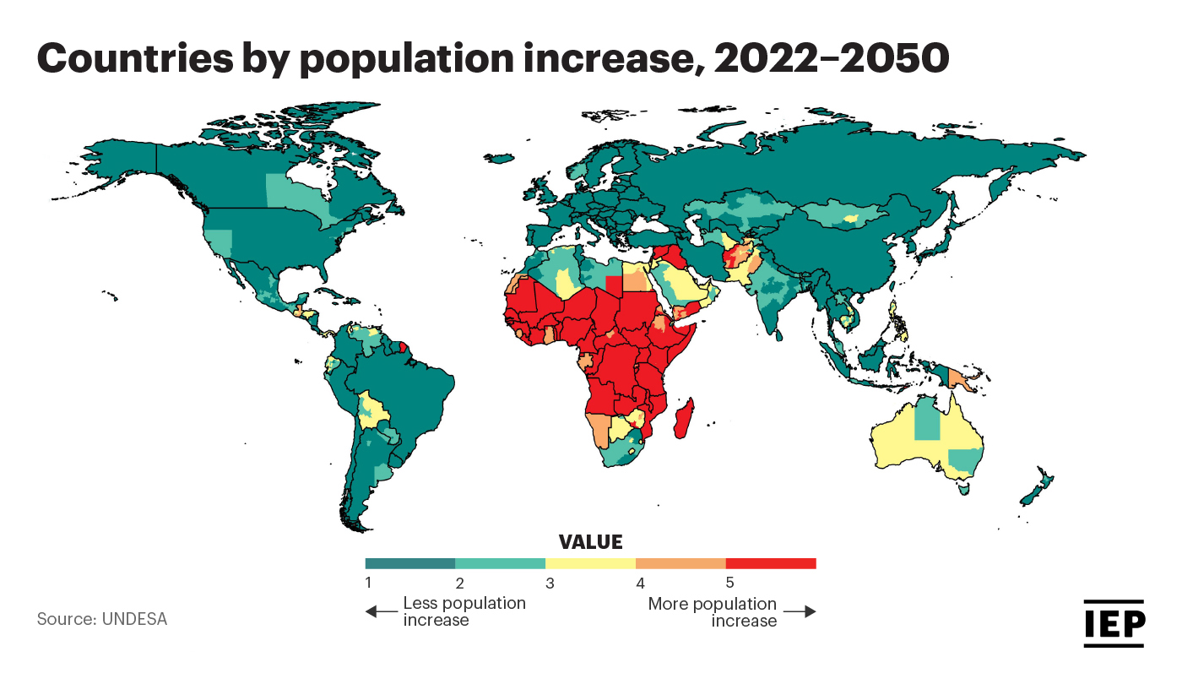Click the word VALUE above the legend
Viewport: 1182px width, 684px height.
tap(590, 542)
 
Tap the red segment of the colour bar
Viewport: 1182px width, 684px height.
tap(770, 563)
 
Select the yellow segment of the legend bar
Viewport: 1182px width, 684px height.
tap(590, 563)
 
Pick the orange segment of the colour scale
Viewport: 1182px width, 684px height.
tap(680, 563)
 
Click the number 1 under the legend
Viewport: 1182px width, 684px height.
tap(369, 583)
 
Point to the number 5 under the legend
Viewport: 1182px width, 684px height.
tap(729, 583)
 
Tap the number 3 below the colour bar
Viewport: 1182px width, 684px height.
tap(550, 583)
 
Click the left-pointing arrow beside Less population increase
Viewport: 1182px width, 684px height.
tap(381, 611)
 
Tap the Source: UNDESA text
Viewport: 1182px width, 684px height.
tap(102, 619)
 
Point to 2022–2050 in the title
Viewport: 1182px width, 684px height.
tap(832, 60)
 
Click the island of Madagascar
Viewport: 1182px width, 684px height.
tap(686, 418)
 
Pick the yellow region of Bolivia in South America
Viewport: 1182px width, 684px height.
tap(372, 410)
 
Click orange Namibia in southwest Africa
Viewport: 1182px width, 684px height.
tap(599, 428)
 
